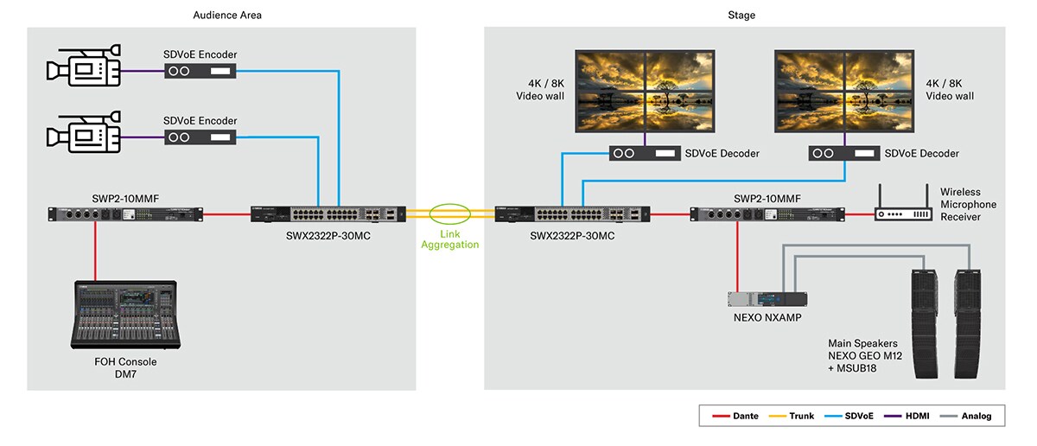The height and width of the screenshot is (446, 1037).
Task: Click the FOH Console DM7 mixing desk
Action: click(x=126, y=315)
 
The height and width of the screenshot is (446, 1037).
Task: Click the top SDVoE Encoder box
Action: click(x=200, y=72)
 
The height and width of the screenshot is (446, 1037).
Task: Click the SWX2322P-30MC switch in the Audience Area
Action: click(x=328, y=213)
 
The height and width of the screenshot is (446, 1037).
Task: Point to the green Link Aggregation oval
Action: click(x=449, y=213)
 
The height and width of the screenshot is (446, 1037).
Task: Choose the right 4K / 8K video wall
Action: click(x=844, y=92)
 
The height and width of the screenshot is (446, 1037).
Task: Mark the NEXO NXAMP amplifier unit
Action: click(x=767, y=299)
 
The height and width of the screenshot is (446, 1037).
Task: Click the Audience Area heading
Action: click(x=227, y=15)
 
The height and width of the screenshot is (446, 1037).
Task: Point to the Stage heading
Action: click(x=742, y=15)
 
